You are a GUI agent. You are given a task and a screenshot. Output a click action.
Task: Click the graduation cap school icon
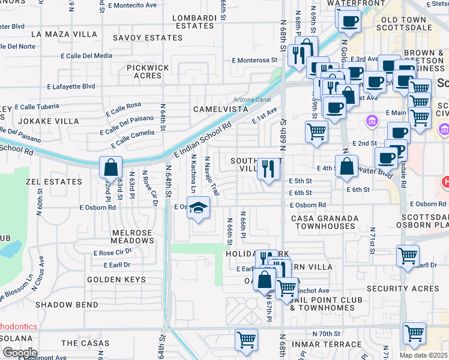pos(198,209)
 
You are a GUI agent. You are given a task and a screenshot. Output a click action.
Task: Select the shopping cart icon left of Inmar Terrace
pos(247,340)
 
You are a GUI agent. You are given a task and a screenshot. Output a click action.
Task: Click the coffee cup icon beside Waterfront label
pos(348,22)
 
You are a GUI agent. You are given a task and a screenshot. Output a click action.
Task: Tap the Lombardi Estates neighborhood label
pos(194,22)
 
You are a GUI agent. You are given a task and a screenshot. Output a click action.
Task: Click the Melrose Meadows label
pos(133,236)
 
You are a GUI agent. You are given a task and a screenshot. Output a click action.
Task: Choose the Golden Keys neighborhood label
pos(116,280)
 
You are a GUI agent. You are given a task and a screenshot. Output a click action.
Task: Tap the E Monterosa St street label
pos(255,60)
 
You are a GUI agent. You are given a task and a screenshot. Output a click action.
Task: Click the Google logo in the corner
pos(19,352)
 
